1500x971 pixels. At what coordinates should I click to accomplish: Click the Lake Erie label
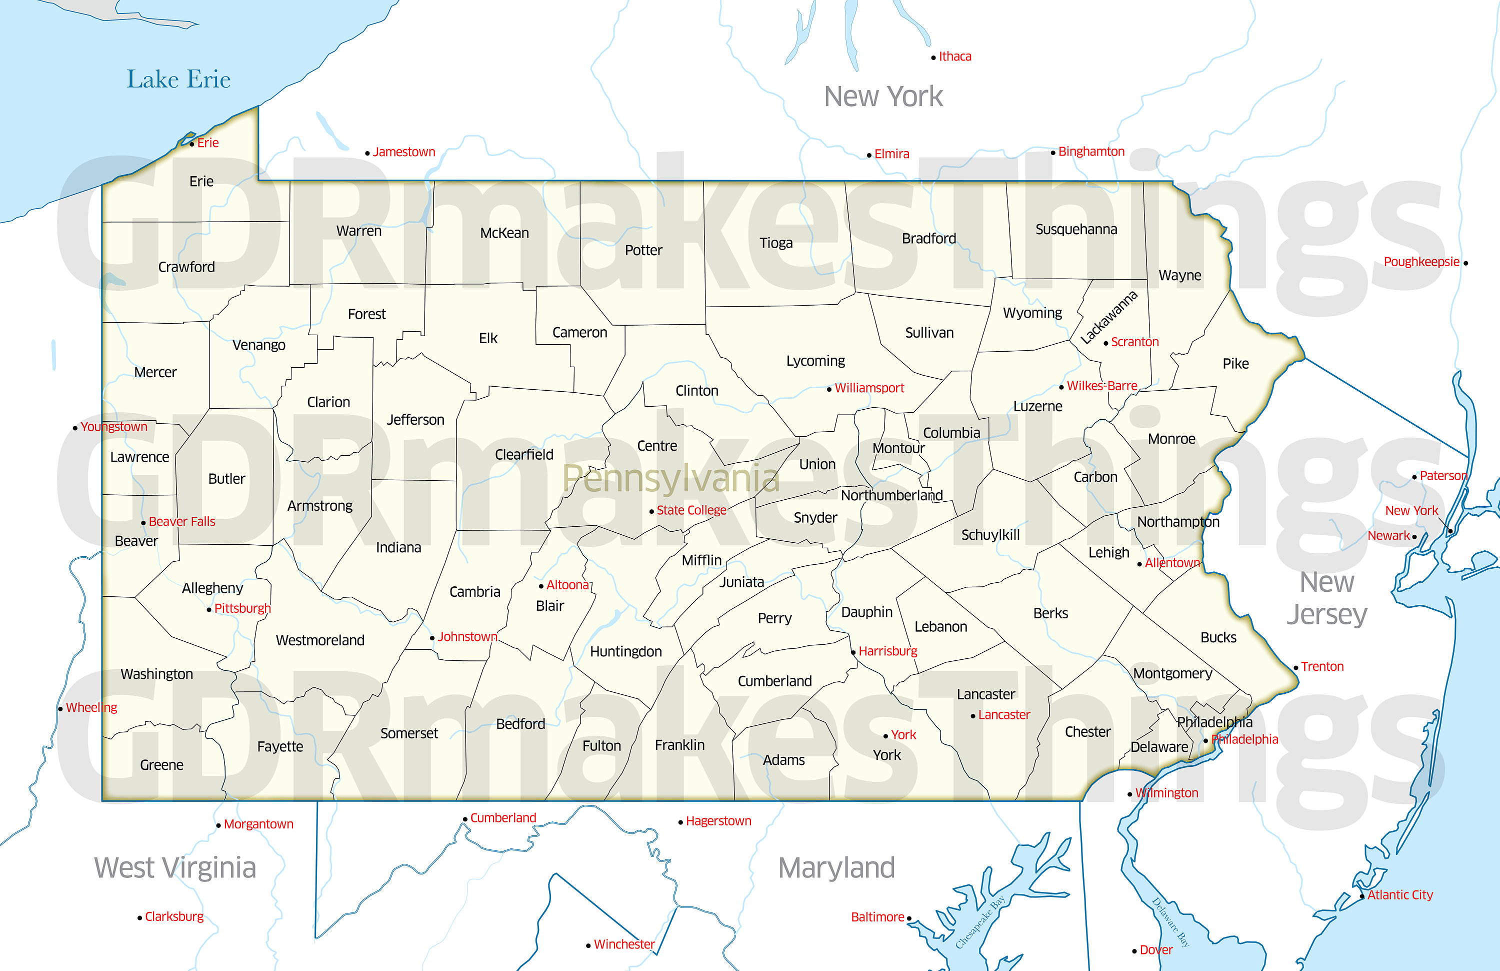tap(178, 80)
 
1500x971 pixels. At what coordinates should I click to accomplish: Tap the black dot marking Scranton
tap(1106, 343)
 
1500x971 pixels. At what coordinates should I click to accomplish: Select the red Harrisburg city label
tap(887, 651)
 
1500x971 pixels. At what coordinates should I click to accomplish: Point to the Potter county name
tap(643, 250)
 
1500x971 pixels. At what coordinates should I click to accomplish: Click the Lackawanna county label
tap(1108, 317)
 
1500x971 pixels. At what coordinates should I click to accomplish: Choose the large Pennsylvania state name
tap(670, 479)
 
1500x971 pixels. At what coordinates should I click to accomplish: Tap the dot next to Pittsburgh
tap(209, 610)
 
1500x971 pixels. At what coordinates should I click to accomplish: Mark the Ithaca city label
tap(955, 56)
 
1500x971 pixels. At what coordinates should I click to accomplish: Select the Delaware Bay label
tap(1170, 922)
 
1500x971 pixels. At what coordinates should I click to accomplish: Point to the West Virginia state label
tap(175, 867)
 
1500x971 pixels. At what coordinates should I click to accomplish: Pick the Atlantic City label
tap(1400, 894)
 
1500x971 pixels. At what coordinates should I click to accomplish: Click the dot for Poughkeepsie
tap(1465, 263)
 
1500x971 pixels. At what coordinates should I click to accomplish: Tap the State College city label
tap(691, 510)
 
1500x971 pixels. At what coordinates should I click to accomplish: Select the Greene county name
tap(161, 765)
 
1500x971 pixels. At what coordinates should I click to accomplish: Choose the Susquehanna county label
tap(1076, 229)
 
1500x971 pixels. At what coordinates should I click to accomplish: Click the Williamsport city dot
tap(829, 390)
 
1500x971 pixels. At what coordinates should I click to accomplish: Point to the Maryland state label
tap(836, 867)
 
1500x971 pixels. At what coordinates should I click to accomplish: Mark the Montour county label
tap(898, 448)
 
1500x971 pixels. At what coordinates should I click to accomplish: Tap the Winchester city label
tap(624, 944)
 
